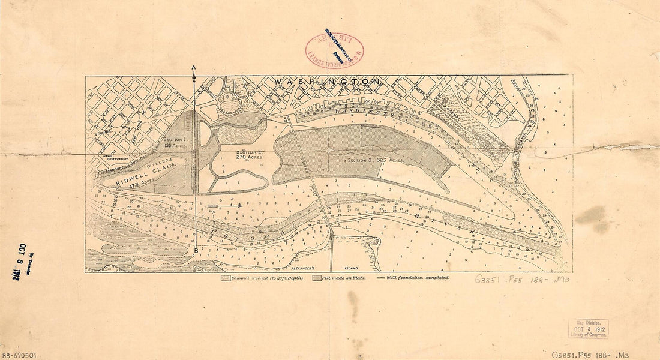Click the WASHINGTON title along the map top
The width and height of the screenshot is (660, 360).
tap(327, 81)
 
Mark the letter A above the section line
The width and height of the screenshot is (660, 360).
tap(193, 68)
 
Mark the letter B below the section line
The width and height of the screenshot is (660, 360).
tap(196, 250)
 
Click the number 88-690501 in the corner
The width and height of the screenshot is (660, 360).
tap(19, 355)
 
